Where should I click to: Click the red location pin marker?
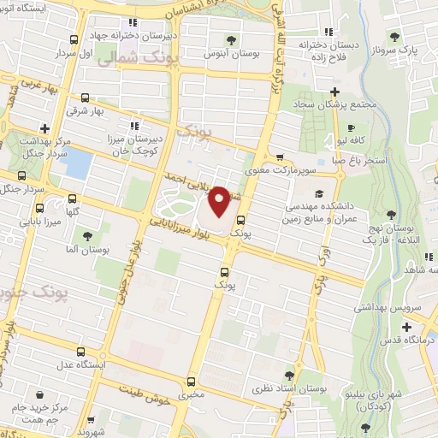pyautogui.click(x=219, y=202)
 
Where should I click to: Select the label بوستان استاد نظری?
pyautogui.click(x=291, y=389)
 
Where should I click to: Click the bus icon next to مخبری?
pyautogui.click(x=190, y=382)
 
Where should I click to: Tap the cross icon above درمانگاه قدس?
pyautogui.click(x=407, y=327)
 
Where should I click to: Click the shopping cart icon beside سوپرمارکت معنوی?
pyautogui.click(x=280, y=157)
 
